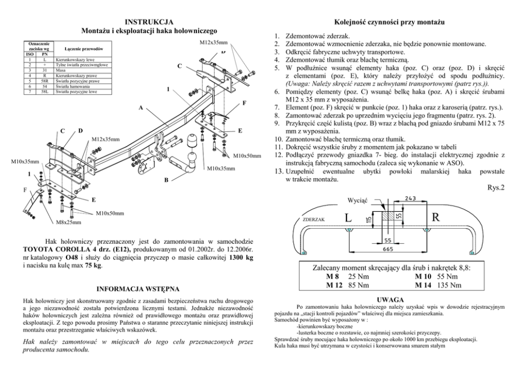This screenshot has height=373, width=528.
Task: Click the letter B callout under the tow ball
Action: [x=166, y=180]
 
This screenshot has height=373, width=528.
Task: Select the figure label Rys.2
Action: [x=496, y=187]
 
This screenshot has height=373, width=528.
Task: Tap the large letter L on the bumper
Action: [x=348, y=218]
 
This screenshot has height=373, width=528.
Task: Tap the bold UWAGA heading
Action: [x=391, y=301]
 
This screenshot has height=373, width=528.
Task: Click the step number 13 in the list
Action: [x=278, y=172]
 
